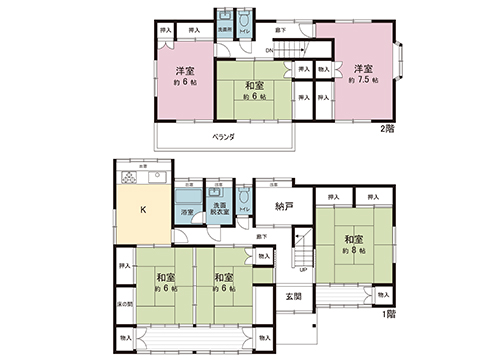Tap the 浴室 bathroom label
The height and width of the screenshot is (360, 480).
[x=187, y=213]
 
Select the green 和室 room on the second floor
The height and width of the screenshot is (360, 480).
[x=249, y=90]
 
